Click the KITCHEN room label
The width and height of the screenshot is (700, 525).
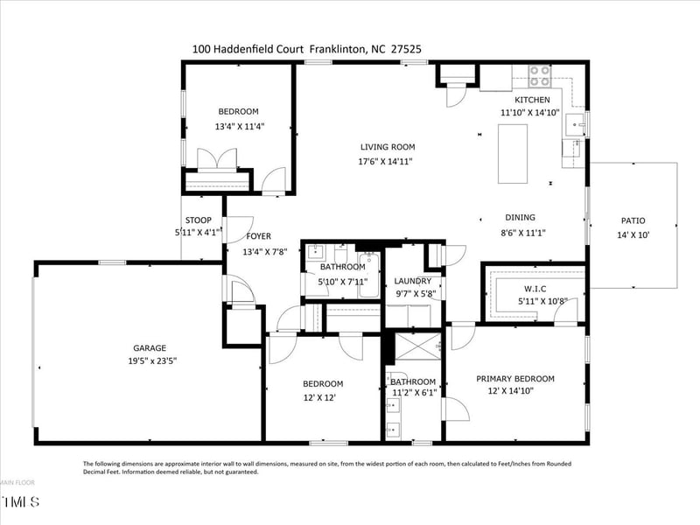pyautogui.click(x=532, y=100)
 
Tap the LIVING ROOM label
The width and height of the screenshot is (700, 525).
pyautogui.click(x=387, y=147)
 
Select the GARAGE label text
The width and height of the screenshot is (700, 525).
pyautogui.click(x=150, y=347)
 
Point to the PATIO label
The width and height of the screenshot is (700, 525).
pyautogui.click(x=633, y=221)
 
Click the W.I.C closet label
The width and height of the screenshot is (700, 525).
pyautogui.click(x=535, y=289)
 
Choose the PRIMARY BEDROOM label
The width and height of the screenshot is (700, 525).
pyautogui.click(x=515, y=379)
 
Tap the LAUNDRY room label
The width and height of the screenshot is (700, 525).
pyautogui.click(x=413, y=281)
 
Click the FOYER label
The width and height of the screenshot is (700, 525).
pyautogui.click(x=258, y=236)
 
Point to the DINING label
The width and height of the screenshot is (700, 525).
pyautogui.click(x=520, y=218)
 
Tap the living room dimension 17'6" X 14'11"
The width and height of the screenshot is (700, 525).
pyautogui.click(x=386, y=161)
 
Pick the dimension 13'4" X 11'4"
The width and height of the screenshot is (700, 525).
pyautogui.click(x=239, y=126)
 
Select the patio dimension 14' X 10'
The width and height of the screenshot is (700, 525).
pyautogui.click(x=633, y=234)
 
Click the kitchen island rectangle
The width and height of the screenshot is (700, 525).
pyautogui.click(x=513, y=154)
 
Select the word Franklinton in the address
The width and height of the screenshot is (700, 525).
pyautogui.click(x=334, y=51)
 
